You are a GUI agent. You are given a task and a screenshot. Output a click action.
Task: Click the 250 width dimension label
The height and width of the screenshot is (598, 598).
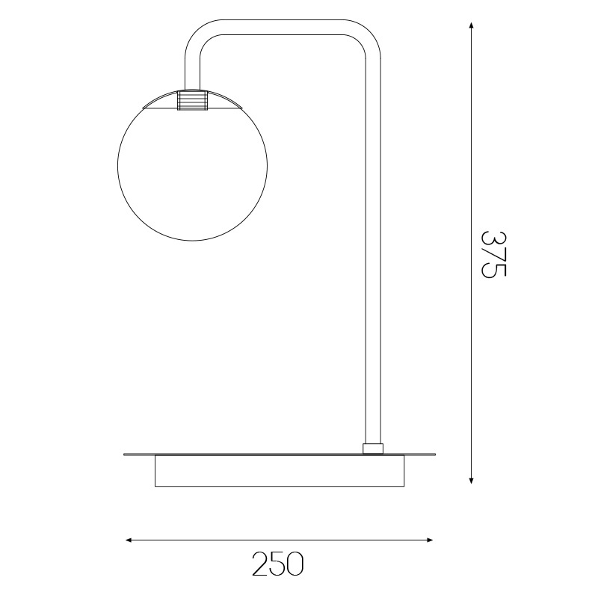(x=277, y=564)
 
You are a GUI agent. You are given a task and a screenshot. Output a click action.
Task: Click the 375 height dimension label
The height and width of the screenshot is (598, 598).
(x=493, y=254)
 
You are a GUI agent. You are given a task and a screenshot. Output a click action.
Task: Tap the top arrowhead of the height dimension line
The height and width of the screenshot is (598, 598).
(x=472, y=25)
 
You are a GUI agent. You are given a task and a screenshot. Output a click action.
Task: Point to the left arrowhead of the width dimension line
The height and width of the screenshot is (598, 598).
(x=129, y=540)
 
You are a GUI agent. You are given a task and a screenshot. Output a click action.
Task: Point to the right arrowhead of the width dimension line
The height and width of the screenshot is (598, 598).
(x=429, y=540)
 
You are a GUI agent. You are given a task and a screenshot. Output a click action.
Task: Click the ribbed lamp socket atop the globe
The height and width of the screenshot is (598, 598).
(x=192, y=100)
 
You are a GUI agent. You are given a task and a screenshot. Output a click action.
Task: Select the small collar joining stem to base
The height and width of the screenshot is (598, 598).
(x=373, y=449)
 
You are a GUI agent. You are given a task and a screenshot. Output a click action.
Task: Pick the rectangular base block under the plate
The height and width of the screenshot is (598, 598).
(x=280, y=471)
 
